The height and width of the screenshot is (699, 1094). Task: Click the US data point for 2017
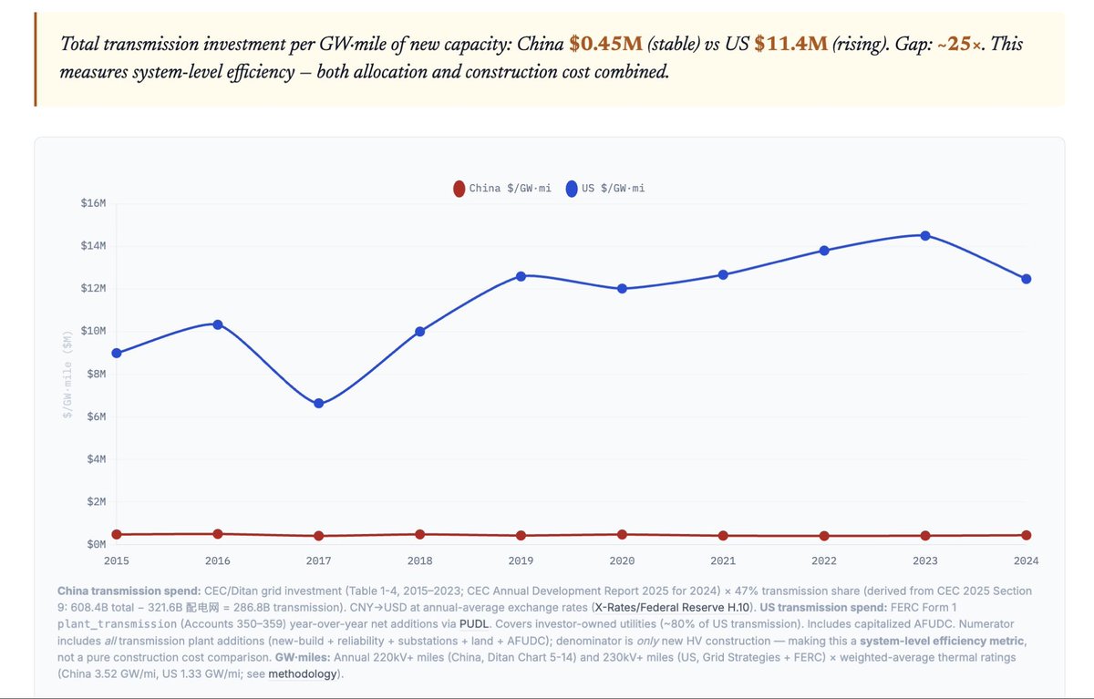point(318,403)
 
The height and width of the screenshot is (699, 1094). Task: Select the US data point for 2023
point(925,235)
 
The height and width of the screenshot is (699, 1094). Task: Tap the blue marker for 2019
point(521,275)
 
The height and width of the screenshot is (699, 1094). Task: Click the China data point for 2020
point(622,534)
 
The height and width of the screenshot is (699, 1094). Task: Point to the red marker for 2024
point(1027,535)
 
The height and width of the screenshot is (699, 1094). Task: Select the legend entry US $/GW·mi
point(605,189)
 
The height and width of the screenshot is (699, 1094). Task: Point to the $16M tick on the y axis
point(93,203)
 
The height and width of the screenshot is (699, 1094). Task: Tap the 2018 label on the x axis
point(419,560)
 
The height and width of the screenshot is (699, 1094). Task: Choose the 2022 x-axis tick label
point(824,560)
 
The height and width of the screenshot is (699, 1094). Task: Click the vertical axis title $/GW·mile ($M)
point(67,374)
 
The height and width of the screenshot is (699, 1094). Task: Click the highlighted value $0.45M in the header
point(605,44)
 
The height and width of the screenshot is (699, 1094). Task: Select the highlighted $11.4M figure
point(790,44)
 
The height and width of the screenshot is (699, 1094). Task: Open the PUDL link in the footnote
point(473,623)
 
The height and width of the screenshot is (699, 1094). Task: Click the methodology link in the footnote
point(302,673)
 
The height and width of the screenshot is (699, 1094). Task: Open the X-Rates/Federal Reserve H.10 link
point(672,606)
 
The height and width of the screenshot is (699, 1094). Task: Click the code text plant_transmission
point(116,623)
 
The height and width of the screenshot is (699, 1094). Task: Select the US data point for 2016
point(217,324)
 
